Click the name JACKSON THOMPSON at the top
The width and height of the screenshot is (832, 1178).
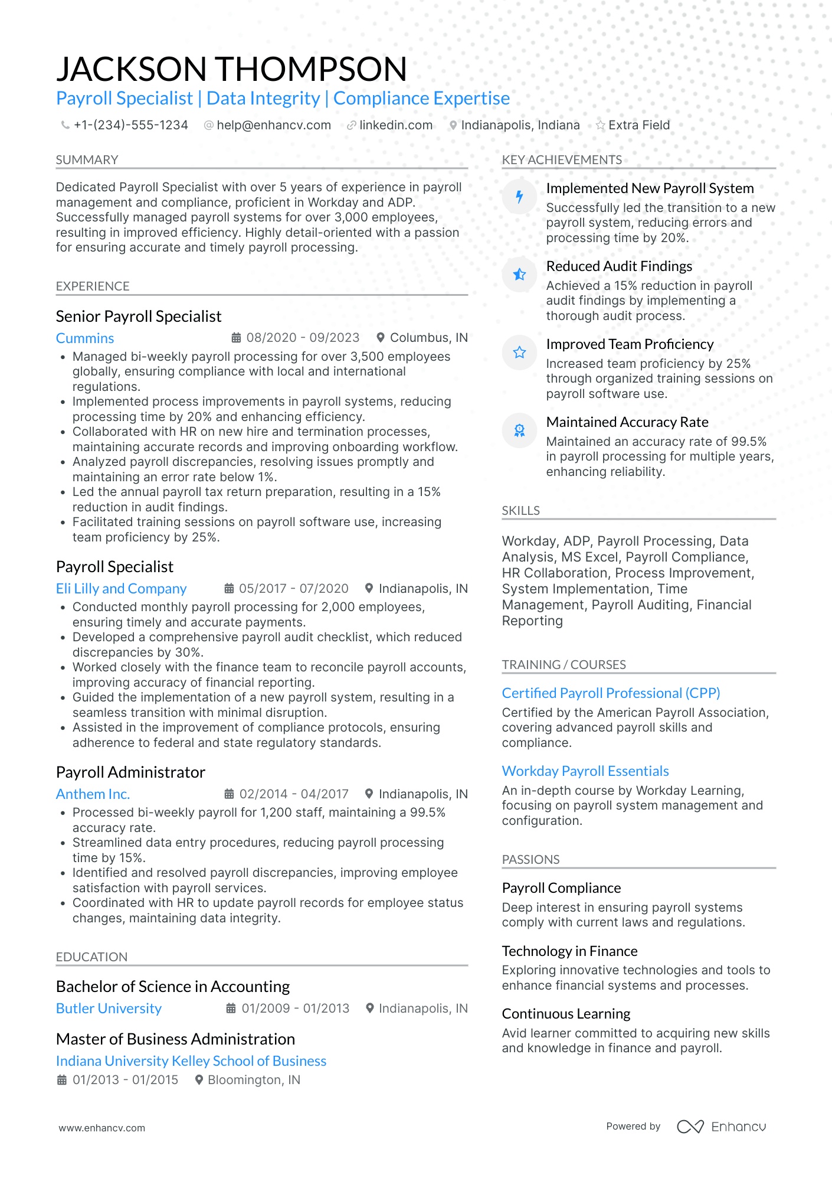(231, 69)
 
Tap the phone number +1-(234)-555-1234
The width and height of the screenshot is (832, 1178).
(130, 125)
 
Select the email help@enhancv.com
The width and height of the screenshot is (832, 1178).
(273, 125)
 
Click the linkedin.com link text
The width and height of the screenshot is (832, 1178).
(396, 125)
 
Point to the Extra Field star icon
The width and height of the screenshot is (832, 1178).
(600, 125)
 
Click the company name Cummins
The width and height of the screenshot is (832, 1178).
(85, 338)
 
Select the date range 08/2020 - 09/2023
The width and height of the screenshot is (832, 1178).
(302, 338)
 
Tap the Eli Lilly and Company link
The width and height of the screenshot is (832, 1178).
(121, 589)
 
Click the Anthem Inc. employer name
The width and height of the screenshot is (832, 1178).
(93, 794)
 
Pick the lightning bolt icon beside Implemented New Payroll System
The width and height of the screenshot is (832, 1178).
(519, 197)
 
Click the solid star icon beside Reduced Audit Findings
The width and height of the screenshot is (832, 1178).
(519, 275)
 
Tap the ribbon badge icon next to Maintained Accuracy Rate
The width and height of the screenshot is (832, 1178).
(519, 430)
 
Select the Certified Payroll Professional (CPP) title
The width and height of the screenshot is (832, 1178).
(611, 693)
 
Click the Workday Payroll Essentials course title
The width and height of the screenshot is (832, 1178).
(585, 771)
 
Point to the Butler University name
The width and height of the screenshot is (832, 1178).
(109, 1009)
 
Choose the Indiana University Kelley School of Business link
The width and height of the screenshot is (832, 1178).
(191, 1061)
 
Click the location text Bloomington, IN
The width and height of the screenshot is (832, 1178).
(254, 1080)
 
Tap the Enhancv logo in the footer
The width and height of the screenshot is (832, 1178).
(721, 1127)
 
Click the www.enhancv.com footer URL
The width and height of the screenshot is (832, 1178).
(101, 1128)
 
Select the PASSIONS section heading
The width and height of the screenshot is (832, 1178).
(530, 860)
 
